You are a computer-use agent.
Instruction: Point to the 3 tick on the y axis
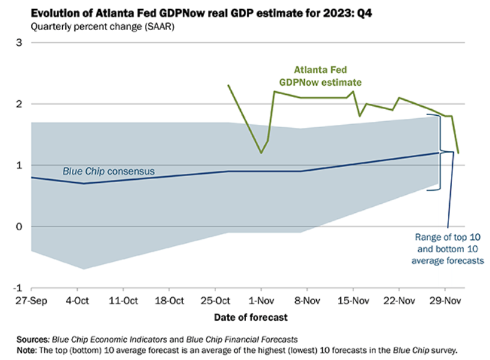coord(19,42)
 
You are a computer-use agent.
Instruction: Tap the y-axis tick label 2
coord(19,104)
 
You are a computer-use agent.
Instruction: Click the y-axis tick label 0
coord(19,226)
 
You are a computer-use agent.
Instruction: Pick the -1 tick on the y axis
coord(17,288)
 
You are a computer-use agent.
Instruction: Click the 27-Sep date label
coord(31,300)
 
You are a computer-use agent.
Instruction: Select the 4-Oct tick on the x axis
coord(77,300)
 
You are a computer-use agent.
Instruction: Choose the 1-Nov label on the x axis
coord(261,300)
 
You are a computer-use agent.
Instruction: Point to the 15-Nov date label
coord(353,300)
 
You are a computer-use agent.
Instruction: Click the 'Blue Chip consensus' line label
coord(109,171)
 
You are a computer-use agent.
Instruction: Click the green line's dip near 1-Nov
coord(261,153)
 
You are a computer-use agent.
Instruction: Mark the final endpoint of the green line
coord(458,153)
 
